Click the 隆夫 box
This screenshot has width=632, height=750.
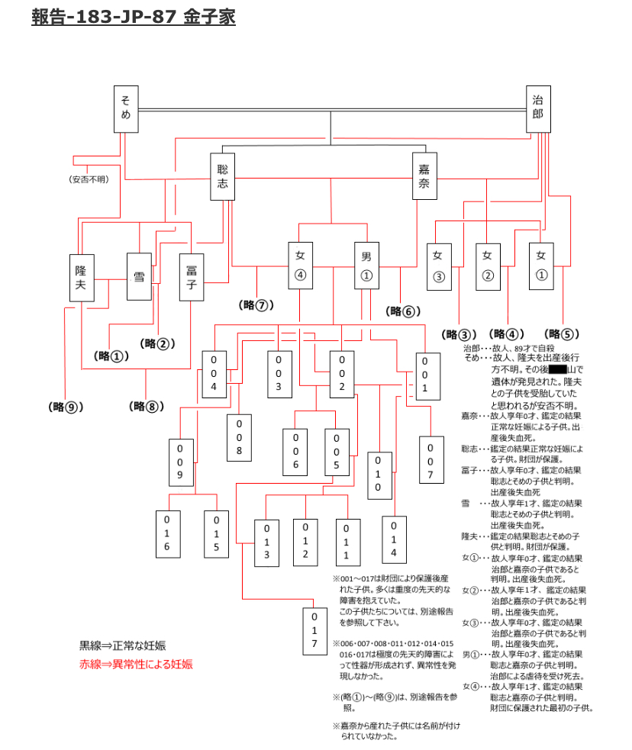[x=80, y=277]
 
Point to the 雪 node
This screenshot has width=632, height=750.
[x=139, y=277]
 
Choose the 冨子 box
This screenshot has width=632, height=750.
[x=191, y=277]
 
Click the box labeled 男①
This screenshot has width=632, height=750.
[x=366, y=266]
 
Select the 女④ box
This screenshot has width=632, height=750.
[x=300, y=266]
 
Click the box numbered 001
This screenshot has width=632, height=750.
[x=425, y=376]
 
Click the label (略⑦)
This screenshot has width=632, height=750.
[x=256, y=305]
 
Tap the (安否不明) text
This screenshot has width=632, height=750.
[x=89, y=179]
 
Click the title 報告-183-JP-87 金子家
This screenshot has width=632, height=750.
[x=133, y=17]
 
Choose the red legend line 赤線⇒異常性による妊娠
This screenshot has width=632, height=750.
[x=136, y=664]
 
